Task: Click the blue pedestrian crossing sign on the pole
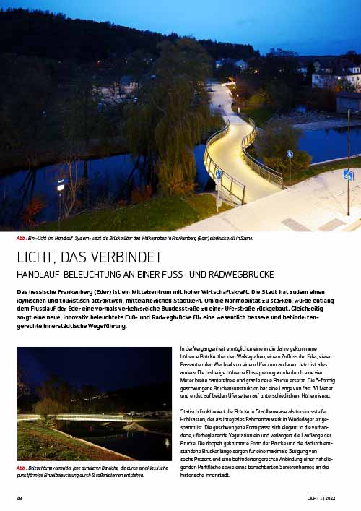(x=348, y=175)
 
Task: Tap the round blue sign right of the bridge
(x=290, y=154)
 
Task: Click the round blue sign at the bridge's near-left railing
(x=219, y=174)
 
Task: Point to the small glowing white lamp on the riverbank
(x=60, y=184)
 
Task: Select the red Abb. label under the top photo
(x=21, y=237)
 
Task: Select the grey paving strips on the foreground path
(x=318, y=224)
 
